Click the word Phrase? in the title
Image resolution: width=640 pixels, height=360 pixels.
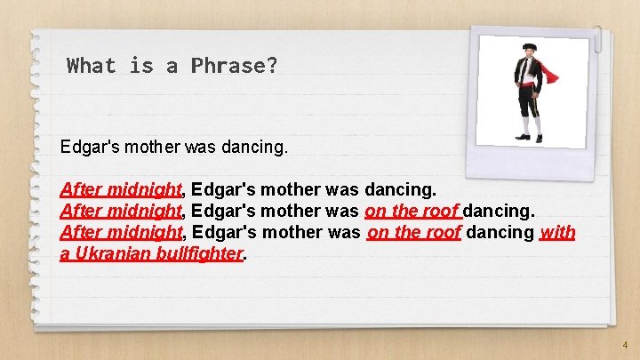tap(234, 65)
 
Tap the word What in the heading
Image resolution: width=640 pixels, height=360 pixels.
tap(92, 65)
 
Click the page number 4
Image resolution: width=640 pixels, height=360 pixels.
tap(625, 344)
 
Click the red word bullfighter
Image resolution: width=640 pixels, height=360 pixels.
tap(204, 253)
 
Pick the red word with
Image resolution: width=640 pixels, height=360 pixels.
tap(557, 233)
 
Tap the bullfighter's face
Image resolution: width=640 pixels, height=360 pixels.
tap(530, 54)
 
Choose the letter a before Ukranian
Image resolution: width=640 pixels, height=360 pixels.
tap(64, 253)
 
